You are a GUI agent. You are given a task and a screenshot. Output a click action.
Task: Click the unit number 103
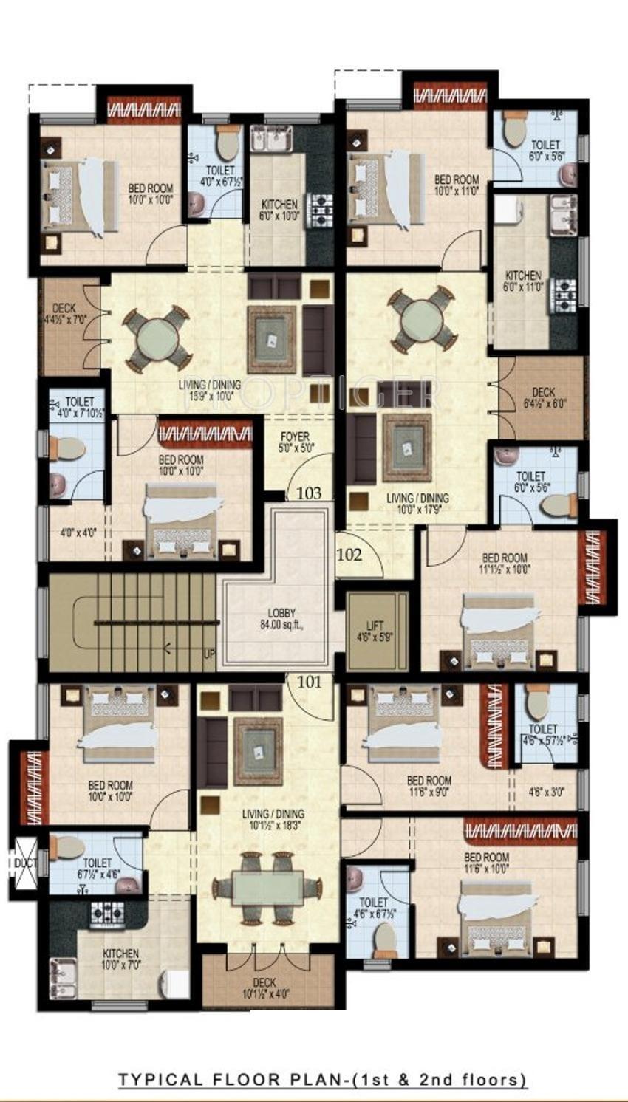(309, 493)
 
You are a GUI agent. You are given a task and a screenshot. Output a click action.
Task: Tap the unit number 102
(349, 555)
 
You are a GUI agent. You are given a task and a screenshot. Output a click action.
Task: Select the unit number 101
(310, 682)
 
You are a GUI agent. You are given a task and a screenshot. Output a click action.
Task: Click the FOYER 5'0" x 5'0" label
(295, 442)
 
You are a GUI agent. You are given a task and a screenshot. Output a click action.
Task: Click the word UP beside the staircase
(210, 654)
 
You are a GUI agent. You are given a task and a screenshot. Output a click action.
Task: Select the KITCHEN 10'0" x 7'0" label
(121, 959)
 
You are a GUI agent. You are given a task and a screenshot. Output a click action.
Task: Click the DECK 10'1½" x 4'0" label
(264, 988)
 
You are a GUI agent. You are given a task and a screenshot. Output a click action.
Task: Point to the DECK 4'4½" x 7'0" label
(65, 314)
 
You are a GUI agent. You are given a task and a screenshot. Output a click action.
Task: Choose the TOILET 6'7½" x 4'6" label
(97, 867)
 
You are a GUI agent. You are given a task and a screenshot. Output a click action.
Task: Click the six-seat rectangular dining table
(267, 887)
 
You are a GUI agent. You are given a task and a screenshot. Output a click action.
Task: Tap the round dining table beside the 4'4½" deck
(157, 338)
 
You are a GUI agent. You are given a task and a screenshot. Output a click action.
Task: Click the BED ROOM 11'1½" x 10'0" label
(505, 564)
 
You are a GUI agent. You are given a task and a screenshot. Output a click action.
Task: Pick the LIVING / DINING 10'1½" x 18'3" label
(273, 819)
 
